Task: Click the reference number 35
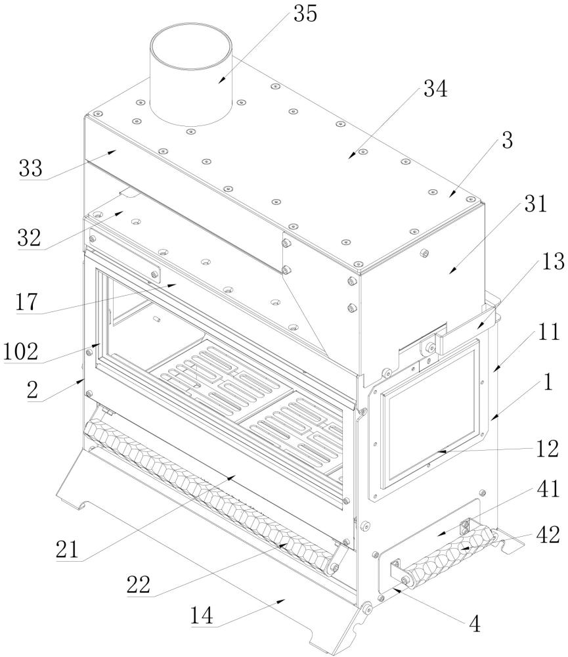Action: click(x=305, y=14)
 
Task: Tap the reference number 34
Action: click(x=435, y=89)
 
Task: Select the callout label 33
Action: click(x=31, y=168)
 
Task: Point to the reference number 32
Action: click(x=29, y=238)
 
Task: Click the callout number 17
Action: click(x=26, y=302)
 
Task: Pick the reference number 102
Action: click(x=20, y=351)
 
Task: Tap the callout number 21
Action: click(x=68, y=549)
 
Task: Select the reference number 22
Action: click(x=139, y=584)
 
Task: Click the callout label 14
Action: click(x=202, y=616)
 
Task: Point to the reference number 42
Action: click(x=548, y=535)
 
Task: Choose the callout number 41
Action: click(x=548, y=489)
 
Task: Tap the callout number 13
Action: click(x=553, y=261)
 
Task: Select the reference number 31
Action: click(x=536, y=204)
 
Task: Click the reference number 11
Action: click(x=548, y=332)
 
